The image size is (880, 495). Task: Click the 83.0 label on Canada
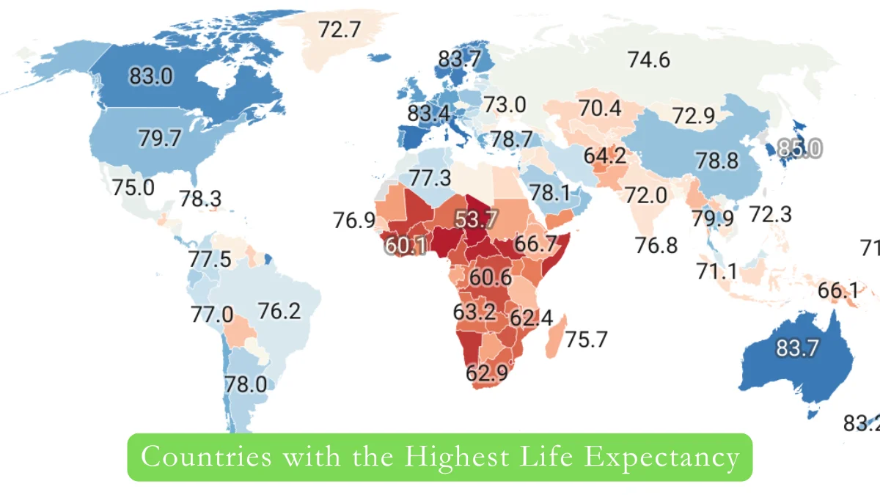click(x=151, y=76)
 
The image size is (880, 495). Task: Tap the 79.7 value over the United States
click(x=159, y=138)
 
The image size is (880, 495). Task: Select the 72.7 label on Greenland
click(x=340, y=30)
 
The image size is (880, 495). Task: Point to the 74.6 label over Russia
click(x=648, y=60)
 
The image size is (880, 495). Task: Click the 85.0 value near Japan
click(x=799, y=149)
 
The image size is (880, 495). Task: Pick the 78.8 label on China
click(x=717, y=161)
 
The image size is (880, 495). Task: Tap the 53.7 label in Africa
click(x=477, y=219)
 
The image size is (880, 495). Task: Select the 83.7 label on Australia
click(x=797, y=348)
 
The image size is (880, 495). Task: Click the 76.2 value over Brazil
click(x=279, y=311)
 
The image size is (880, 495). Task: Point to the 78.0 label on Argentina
click(x=246, y=384)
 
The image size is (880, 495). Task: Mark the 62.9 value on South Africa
click(x=487, y=373)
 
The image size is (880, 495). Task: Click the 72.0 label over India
click(x=645, y=195)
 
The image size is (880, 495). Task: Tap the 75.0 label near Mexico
click(x=133, y=186)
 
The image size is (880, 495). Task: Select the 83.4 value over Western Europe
click(x=428, y=114)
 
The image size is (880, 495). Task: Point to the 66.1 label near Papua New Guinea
click(x=838, y=291)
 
